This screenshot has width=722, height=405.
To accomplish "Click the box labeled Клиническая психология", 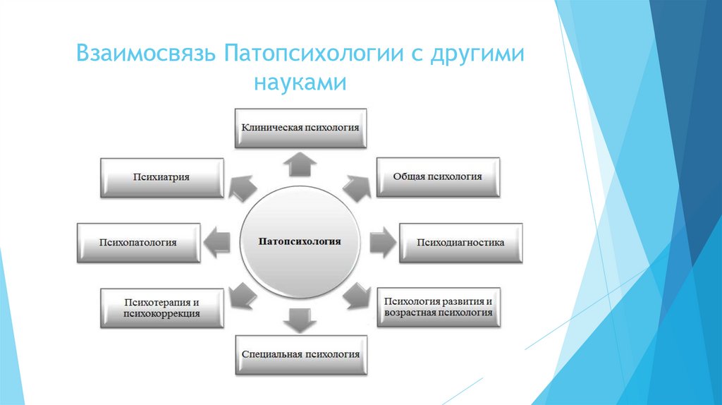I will tap(300, 128).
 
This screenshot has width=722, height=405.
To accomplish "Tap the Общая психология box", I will tap(438, 176).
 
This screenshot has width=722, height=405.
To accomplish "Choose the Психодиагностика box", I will tap(460, 242).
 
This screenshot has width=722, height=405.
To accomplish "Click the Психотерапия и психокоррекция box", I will tap(161, 308).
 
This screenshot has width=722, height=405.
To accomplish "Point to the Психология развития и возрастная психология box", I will tap(438, 307).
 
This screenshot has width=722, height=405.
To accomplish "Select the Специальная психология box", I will tap(300, 354).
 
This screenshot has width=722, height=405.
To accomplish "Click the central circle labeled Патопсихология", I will tap(301, 241).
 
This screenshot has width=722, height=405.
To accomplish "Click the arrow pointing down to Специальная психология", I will tap(300, 320).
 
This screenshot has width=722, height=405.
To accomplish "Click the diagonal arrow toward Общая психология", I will tap(357, 186).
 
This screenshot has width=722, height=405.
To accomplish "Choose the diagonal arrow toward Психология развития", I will tap(357, 296).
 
